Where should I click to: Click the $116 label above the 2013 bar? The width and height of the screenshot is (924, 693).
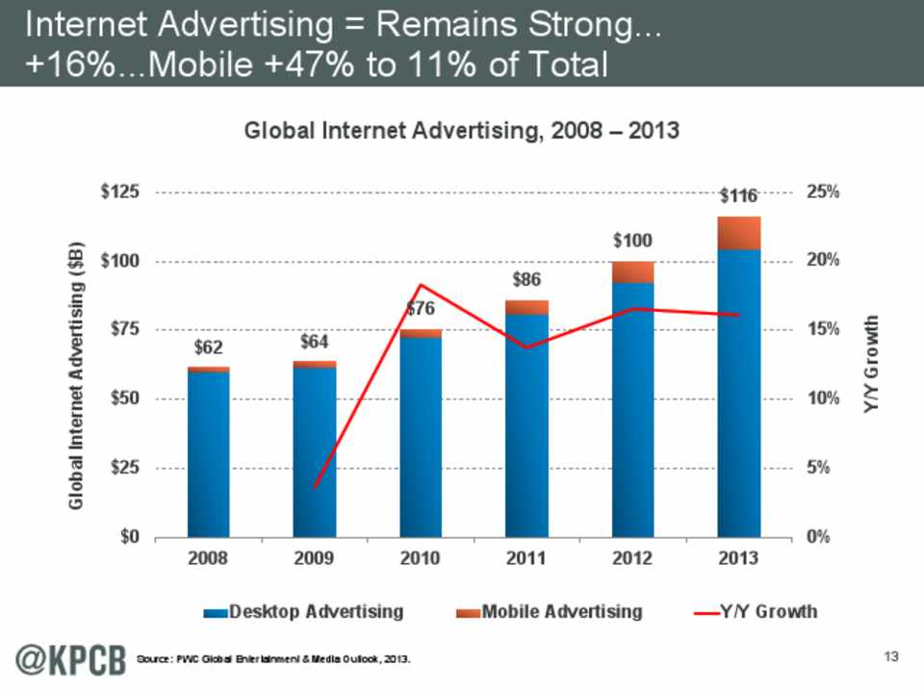(x=739, y=196)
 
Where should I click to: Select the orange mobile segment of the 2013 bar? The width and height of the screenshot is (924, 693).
(x=739, y=233)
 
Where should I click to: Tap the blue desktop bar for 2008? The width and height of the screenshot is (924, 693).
(x=209, y=452)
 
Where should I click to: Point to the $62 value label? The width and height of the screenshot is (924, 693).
(x=209, y=345)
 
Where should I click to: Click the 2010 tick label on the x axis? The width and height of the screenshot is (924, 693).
(x=421, y=558)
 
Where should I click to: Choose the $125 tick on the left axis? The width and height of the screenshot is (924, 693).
(x=120, y=192)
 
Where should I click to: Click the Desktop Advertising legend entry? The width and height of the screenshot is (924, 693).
(x=303, y=611)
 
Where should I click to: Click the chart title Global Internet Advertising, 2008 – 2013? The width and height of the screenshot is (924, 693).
(x=462, y=132)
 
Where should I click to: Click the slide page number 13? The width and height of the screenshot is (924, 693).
(x=889, y=656)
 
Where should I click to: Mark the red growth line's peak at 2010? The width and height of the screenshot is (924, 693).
(x=421, y=285)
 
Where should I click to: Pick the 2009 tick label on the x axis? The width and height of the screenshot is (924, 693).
(x=315, y=558)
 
